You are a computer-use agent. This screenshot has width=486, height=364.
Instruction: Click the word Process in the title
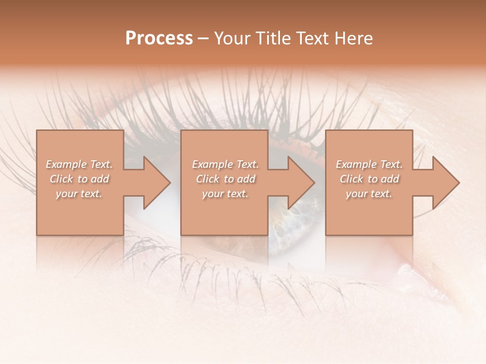click(159, 38)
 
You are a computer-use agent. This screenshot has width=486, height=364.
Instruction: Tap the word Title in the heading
click(273, 38)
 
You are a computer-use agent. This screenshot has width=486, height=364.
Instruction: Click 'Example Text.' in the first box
click(79, 164)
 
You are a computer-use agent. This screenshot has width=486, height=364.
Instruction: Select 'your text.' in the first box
click(79, 194)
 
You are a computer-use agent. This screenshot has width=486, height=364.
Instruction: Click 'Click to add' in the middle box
click(225, 179)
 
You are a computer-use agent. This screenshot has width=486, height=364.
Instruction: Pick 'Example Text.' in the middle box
click(225, 164)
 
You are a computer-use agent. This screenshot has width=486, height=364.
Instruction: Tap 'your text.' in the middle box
click(225, 194)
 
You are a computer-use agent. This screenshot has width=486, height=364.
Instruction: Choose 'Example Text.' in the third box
click(369, 164)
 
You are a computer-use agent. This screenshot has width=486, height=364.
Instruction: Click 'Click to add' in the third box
click(369, 179)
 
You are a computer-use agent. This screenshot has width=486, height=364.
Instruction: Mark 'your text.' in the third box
click(369, 194)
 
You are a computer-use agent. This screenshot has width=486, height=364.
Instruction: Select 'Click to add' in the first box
click(79, 179)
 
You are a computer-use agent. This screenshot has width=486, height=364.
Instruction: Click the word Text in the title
click(311, 38)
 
